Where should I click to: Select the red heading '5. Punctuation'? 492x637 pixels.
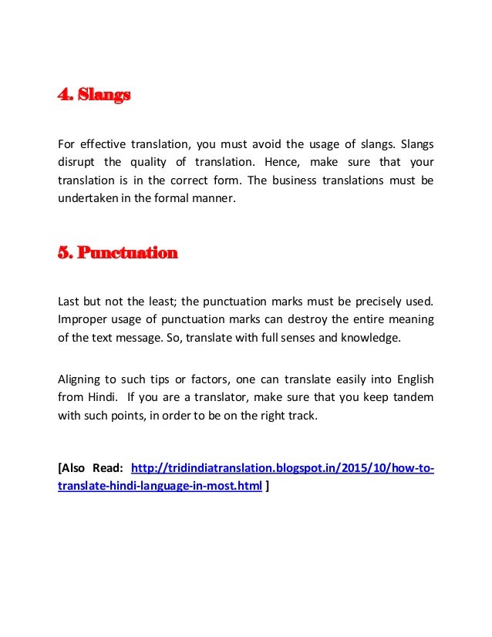pos(118,252)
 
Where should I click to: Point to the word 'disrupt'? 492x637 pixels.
pos(76,162)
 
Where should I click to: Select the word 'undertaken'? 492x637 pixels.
pos(86,199)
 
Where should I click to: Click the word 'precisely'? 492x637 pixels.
pos(352,300)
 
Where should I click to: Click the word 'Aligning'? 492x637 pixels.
pos(80,379)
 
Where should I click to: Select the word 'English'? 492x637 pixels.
pos(414,379)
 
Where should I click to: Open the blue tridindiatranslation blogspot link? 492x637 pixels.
pos(282,468)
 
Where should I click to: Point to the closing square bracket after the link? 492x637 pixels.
pos(268,487)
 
